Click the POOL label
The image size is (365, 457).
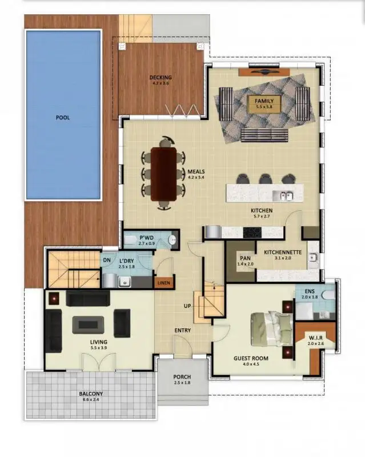point(62,118)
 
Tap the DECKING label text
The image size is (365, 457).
point(161,78)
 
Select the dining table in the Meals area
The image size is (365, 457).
point(164,174)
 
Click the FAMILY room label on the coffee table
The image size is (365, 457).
point(264,100)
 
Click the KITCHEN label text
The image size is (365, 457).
point(262,210)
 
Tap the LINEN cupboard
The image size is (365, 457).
point(164,282)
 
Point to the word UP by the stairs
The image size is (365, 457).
point(187,306)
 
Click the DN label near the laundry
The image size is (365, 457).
point(107,260)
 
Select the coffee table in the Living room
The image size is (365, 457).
point(88,324)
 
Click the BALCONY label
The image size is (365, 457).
point(90,394)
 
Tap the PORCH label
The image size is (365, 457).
point(182,376)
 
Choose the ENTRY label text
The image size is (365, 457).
point(183,330)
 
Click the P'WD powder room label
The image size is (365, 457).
point(145,237)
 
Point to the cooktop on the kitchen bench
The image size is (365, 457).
point(252,232)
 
